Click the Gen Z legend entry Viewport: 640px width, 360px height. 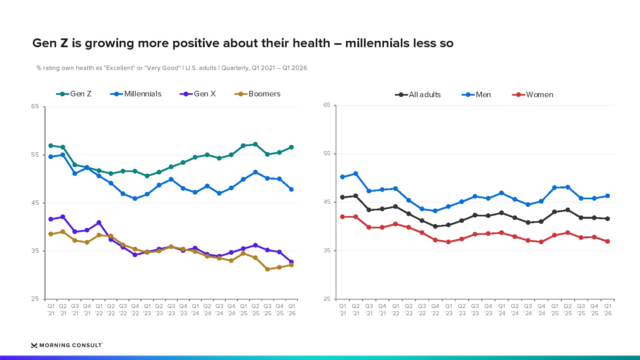(74, 94)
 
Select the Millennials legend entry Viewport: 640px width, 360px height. (136, 94)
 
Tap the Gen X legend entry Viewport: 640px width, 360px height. (198, 94)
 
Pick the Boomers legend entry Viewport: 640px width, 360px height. (258, 94)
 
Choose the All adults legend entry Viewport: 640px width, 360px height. (418, 94)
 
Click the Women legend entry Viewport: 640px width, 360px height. (532, 94)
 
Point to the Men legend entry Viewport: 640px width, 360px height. (476, 94)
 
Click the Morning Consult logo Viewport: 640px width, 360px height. (67, 345)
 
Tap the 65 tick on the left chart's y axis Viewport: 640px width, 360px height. (35, 106)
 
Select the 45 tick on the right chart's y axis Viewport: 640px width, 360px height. (327, 202)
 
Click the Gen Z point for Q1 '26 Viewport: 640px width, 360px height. (292, 147)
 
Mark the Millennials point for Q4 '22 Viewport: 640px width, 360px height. (135, 198)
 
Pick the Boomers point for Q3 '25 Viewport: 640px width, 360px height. (268, 269)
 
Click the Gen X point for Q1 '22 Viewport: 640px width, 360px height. (99, 222)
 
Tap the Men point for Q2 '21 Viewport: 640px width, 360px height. (356, 174)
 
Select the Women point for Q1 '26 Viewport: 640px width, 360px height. (608, 242)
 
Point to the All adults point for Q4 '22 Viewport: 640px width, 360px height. (435, 226)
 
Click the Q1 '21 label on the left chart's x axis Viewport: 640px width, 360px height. (51, 310)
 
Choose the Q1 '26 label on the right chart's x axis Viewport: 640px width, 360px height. (608, 310)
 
